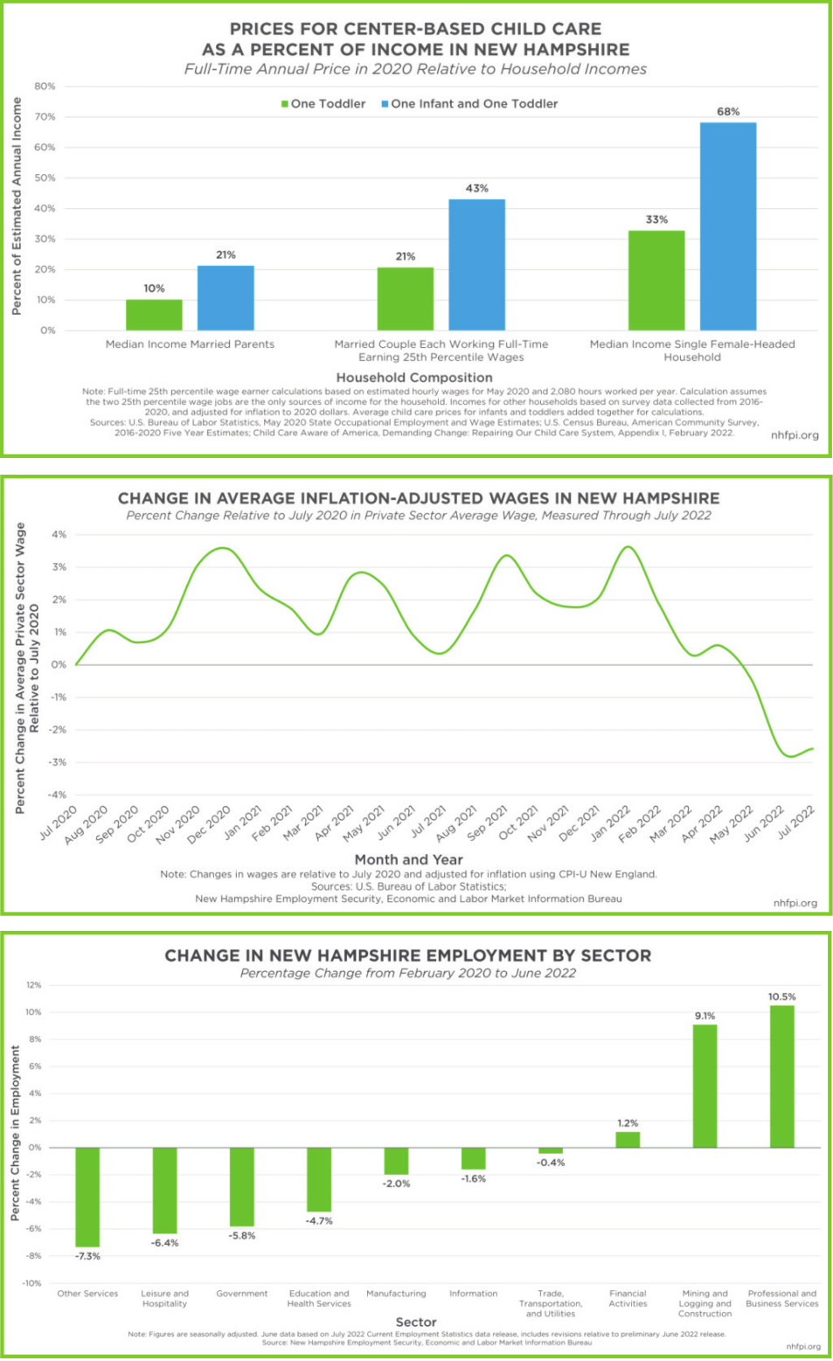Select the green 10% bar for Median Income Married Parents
(x=154, y=315)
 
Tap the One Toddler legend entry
(x=323, y=104)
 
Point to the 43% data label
(x=476, y=188)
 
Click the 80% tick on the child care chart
(x=45, y=87)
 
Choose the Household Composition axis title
(x=414, y=378)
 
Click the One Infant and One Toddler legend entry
(x=469, y=104)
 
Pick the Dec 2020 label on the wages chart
(x=210, y=824)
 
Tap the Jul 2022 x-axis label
(x=796, y=822)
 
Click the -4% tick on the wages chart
(x=58, y=795)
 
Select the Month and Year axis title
(x=408, y=859)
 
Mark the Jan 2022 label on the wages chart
(x=610, y=823)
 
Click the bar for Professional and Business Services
(x=781, y=1076)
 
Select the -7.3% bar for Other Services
(x=87, y=1197)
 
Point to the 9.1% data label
(x=705, y=1016)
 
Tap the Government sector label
(x=242, y=1294)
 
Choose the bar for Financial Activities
(x=628, y=1139)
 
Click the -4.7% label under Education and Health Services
(x=319, y=1221)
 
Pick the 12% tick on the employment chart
(x=34, y=985)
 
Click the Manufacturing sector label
(x=396, y=1294)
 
